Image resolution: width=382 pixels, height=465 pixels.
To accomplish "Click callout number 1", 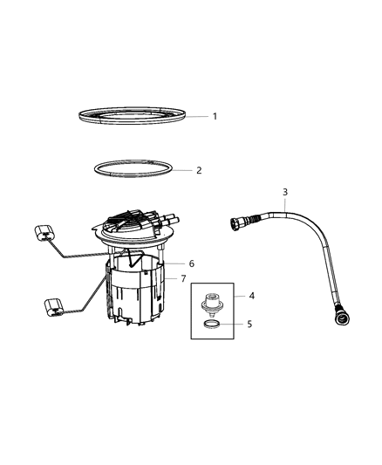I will [x=215, y=116].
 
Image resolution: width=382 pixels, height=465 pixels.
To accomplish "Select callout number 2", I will [x=199, y=170].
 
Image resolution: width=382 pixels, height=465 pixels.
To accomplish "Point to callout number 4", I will [x=251, y=296].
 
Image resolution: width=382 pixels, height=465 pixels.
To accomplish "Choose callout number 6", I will [x=191, y=263].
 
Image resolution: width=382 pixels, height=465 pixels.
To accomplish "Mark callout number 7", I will [x=183, y=279].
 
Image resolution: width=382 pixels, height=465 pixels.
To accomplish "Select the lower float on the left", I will [x=51, y=307].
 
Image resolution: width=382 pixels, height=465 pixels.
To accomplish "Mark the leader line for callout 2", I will [x=181, y=170].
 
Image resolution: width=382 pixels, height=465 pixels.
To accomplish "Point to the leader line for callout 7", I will [x=171, y=279].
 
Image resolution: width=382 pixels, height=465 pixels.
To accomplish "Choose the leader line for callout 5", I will [x=234, y=324].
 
